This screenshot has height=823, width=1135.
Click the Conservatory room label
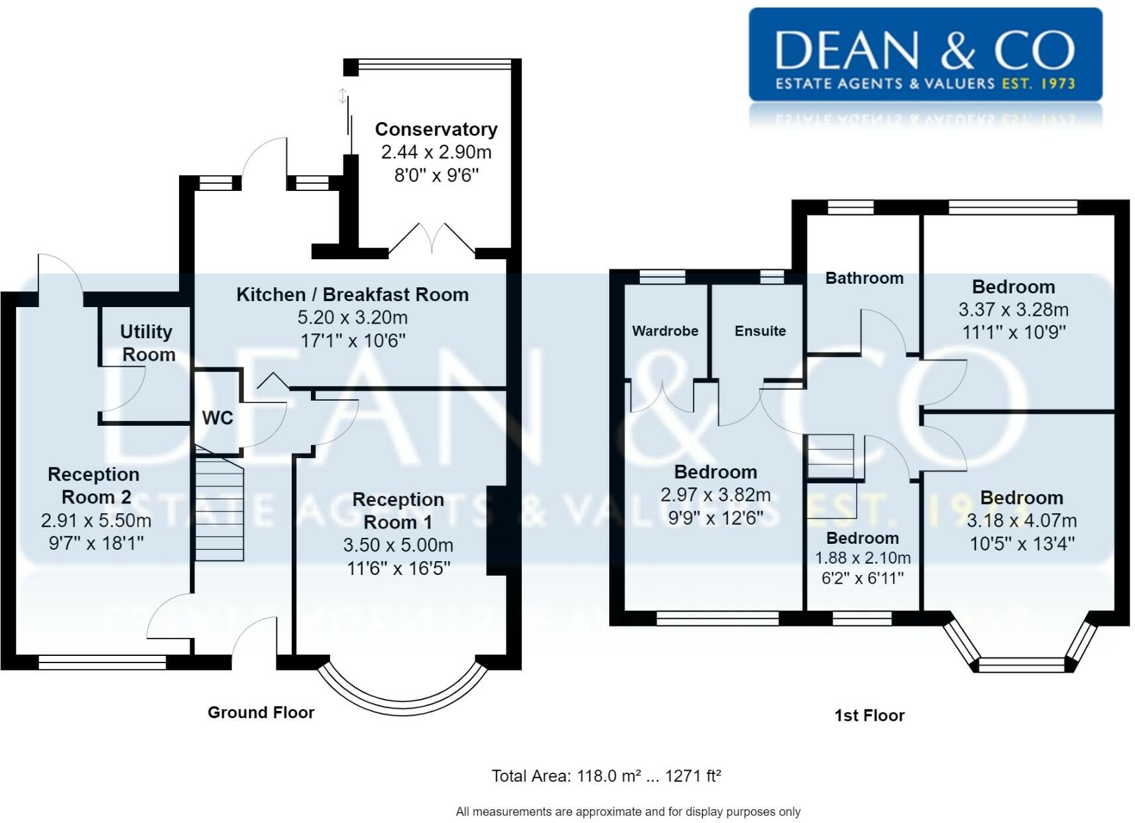click(436, 129)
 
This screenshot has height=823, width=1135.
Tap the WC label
click(218, 418)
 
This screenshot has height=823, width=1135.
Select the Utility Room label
click(147, 343)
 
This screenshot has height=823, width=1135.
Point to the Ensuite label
click(760, 331)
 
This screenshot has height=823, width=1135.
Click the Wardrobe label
click(666, 331)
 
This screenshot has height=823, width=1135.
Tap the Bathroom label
click(865, 278)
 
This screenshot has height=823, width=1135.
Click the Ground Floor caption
click(261, 712)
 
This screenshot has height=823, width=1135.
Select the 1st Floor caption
click(870, 716)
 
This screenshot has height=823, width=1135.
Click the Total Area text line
click(606, 776)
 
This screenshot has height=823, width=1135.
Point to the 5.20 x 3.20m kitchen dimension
click(353, 317)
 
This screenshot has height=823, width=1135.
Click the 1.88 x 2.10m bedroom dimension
click(863, 558)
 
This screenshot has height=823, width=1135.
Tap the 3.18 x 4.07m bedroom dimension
click(1022, 521)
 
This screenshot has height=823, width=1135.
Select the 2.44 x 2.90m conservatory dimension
click(436, 152)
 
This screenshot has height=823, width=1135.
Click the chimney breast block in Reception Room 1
click(497, 530)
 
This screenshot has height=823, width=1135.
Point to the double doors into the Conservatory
click(432, 238)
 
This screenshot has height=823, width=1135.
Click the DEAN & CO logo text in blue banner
click(925, 50)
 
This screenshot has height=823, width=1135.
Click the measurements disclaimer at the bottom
click(628, 812)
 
